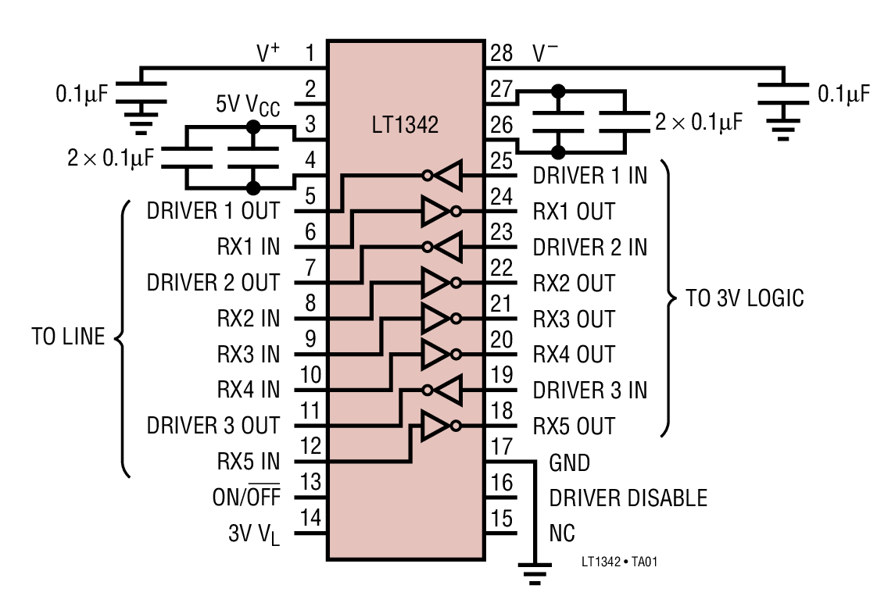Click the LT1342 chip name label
click(x=404, y=125)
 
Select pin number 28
click(x=501, y=53)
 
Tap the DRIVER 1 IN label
click(x=589, y=176)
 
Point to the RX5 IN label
click(x=248, y=462)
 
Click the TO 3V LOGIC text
click(x=745, y=298)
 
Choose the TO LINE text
click(x=68, y=337)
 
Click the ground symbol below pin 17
click(x=534, y=576)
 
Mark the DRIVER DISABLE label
click(x=628, y=498)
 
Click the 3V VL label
click(x=254, y=534)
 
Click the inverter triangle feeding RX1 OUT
click(x=436, y=211)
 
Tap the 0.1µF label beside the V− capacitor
click(x=843, y=95)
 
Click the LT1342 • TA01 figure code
click(x=625, y=562)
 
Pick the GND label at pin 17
click(x=569, y=463)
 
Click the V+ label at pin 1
click(x=268, y=53)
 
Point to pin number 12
click(x=310, y=446)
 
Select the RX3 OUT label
click(x=574, y=319)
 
